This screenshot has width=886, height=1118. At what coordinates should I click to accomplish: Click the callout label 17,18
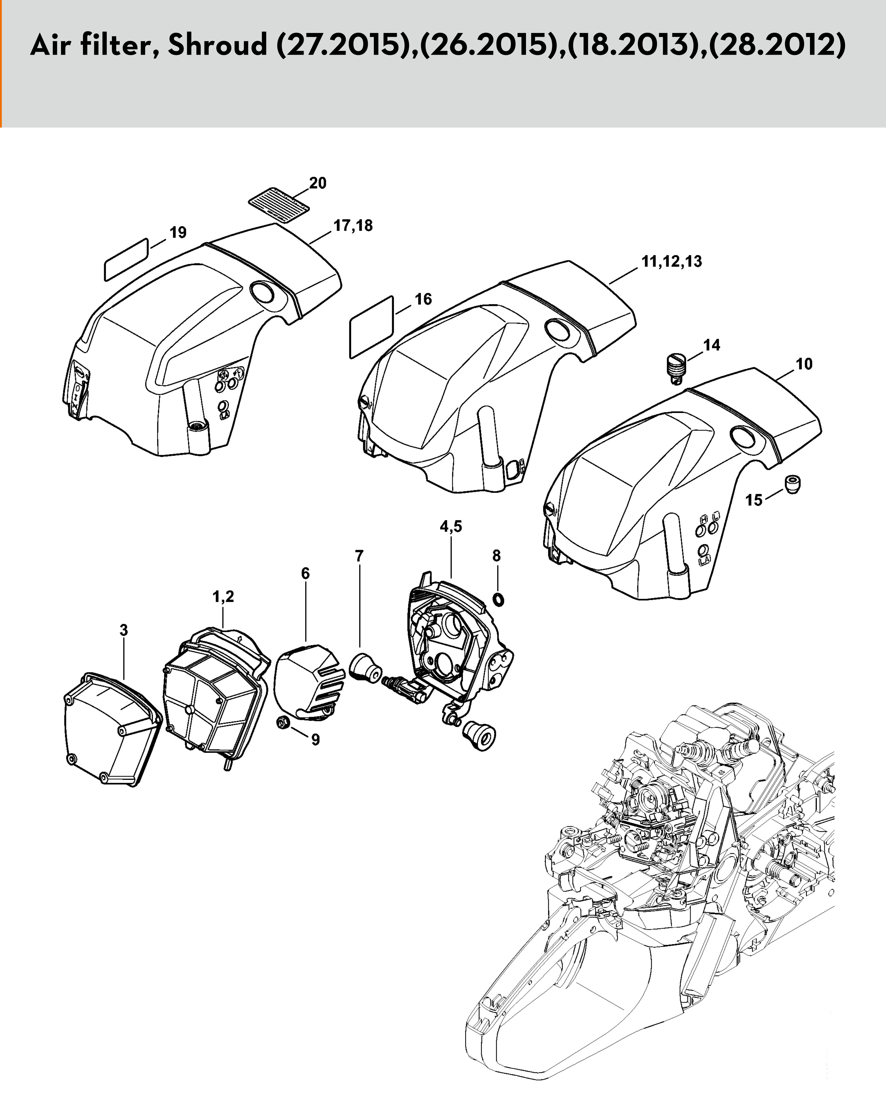[x=353, y=226]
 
